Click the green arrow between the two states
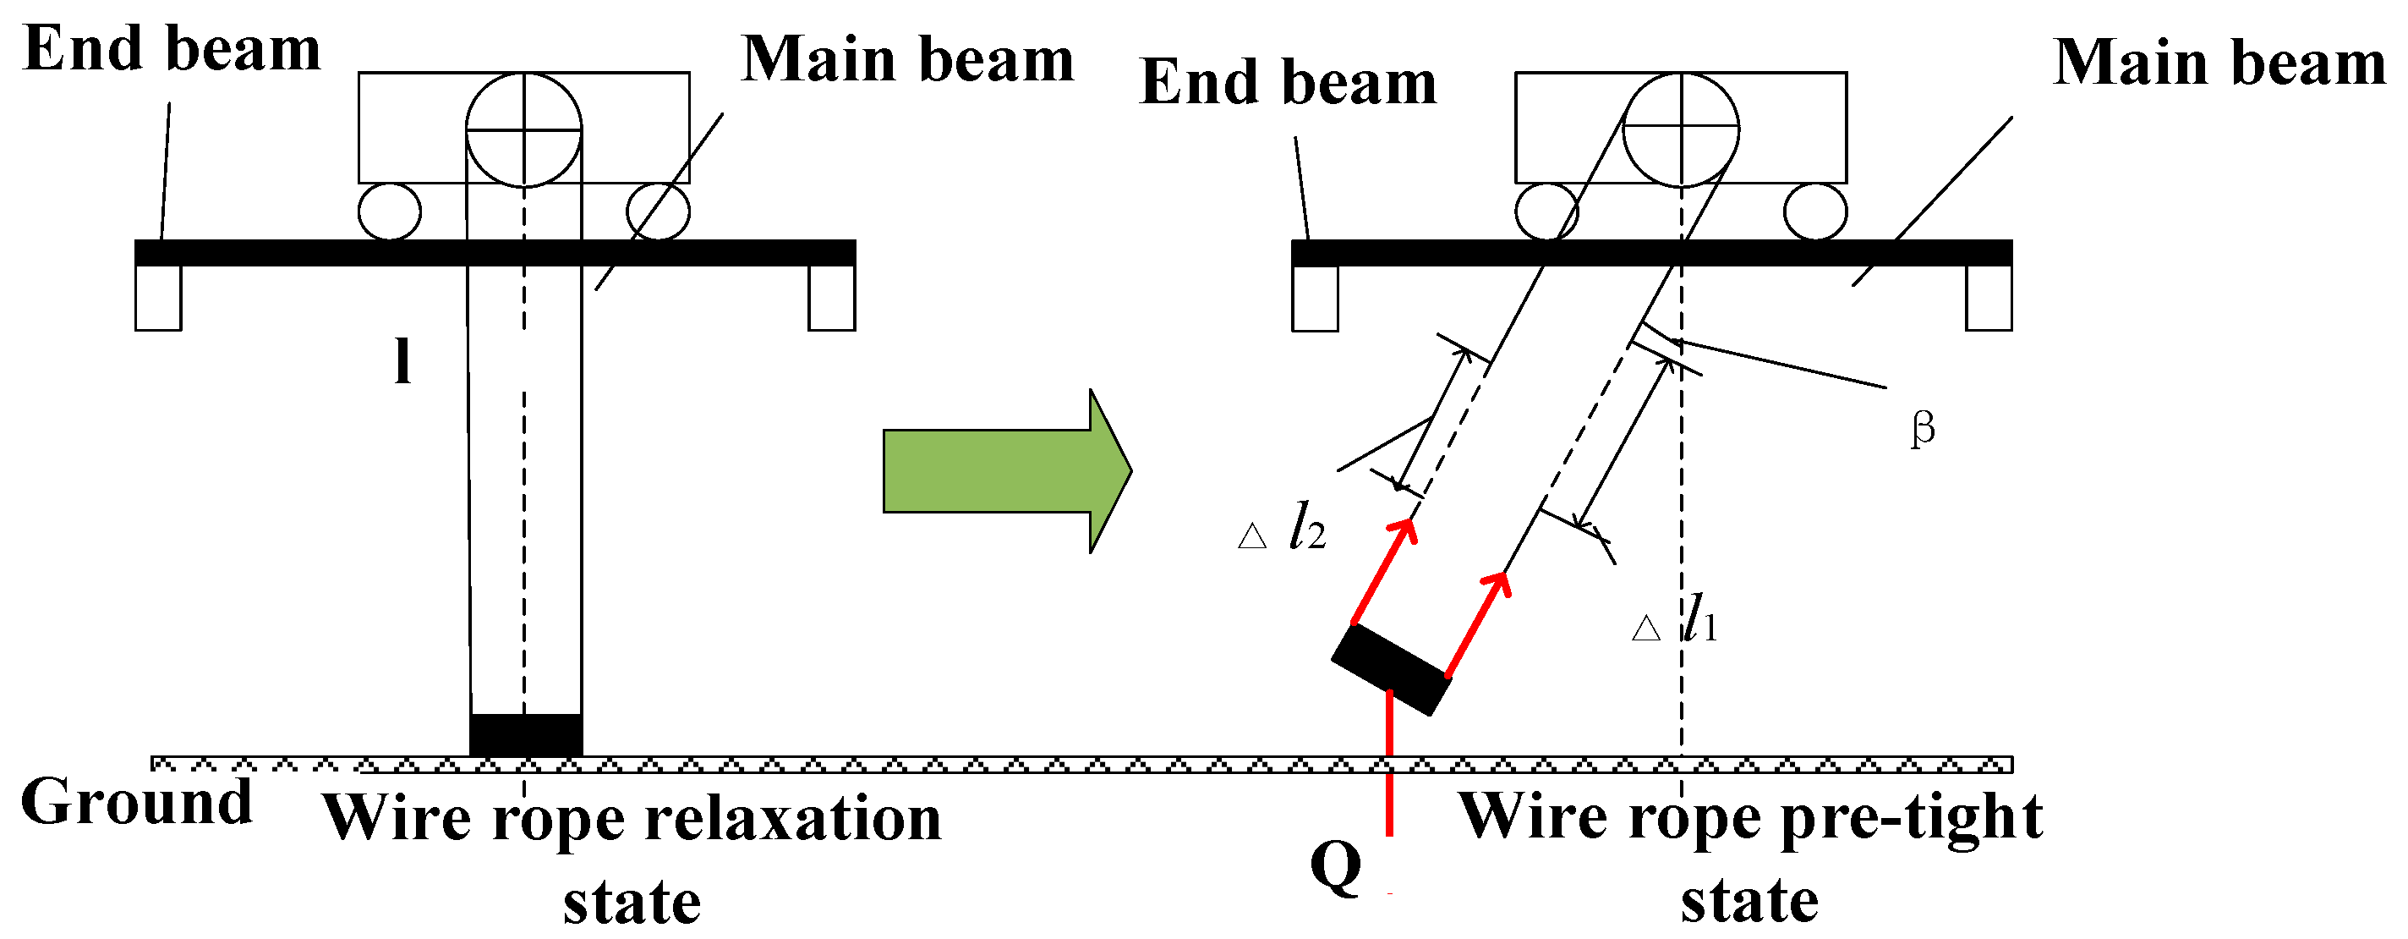click(1005, 470)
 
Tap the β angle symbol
click(1922, 429)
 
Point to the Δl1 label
click(1675, 621)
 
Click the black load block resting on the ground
click(525, 735)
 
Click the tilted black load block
click(1391, 670)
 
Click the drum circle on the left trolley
click(523, 129)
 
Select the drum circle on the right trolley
click(1681, 129)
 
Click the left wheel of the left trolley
click(389, 211)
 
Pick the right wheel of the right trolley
click(1814, 211)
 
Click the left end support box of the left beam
click(158, 299)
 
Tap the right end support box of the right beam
click(1989, 299)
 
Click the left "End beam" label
click(172, 48)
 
